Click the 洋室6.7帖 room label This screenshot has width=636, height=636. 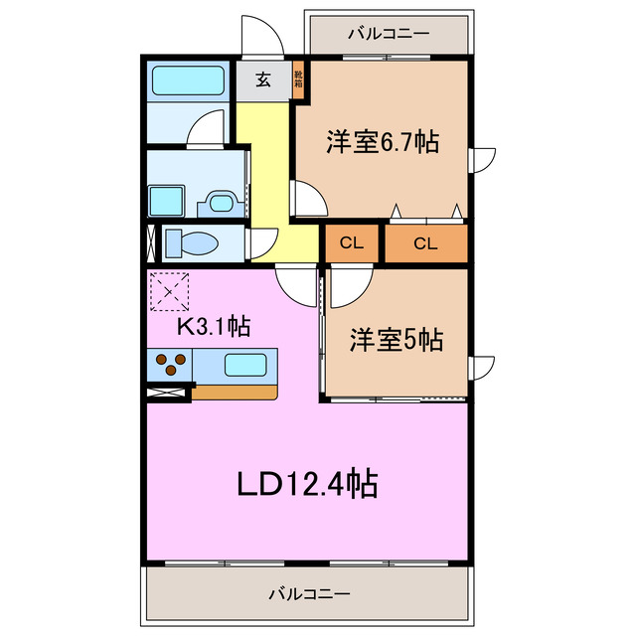coord(383,142)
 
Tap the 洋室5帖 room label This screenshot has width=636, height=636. coord(395,340)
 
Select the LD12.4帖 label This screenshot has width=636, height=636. coord(306,484)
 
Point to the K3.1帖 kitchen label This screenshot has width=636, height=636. coord(213,325)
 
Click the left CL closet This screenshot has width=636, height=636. coord(352,243)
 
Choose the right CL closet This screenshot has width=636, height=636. coord(425,243)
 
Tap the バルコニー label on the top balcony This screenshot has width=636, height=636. coord(389,34)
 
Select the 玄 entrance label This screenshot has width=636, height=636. coord(263,80)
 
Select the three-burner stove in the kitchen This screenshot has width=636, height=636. coord(169,365)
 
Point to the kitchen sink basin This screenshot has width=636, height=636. coord(243,364)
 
